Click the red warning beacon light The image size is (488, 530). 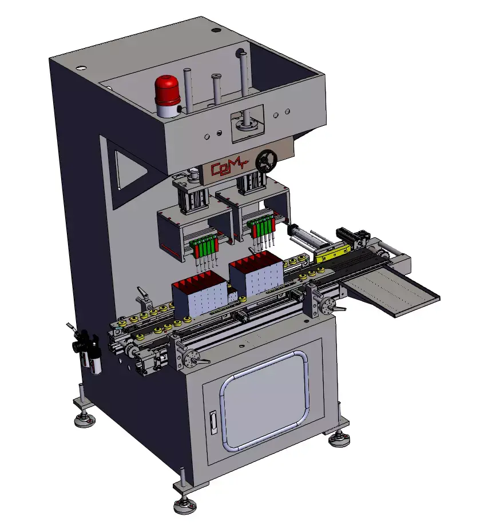(x=167, y=91)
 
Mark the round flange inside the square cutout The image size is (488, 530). (x=248, y=122)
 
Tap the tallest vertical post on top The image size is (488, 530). (x=244, y=74)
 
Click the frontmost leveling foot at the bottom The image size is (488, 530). (x=185, y=505)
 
